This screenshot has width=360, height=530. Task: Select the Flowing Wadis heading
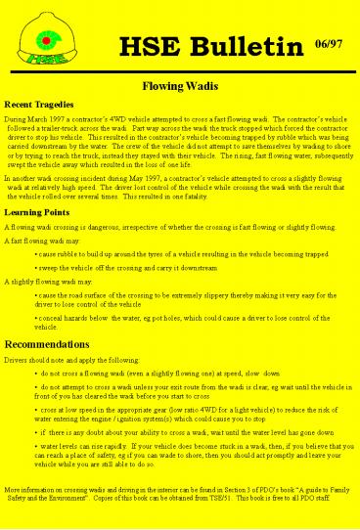coord(179,86)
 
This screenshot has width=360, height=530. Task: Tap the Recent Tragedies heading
coord(41,103)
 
